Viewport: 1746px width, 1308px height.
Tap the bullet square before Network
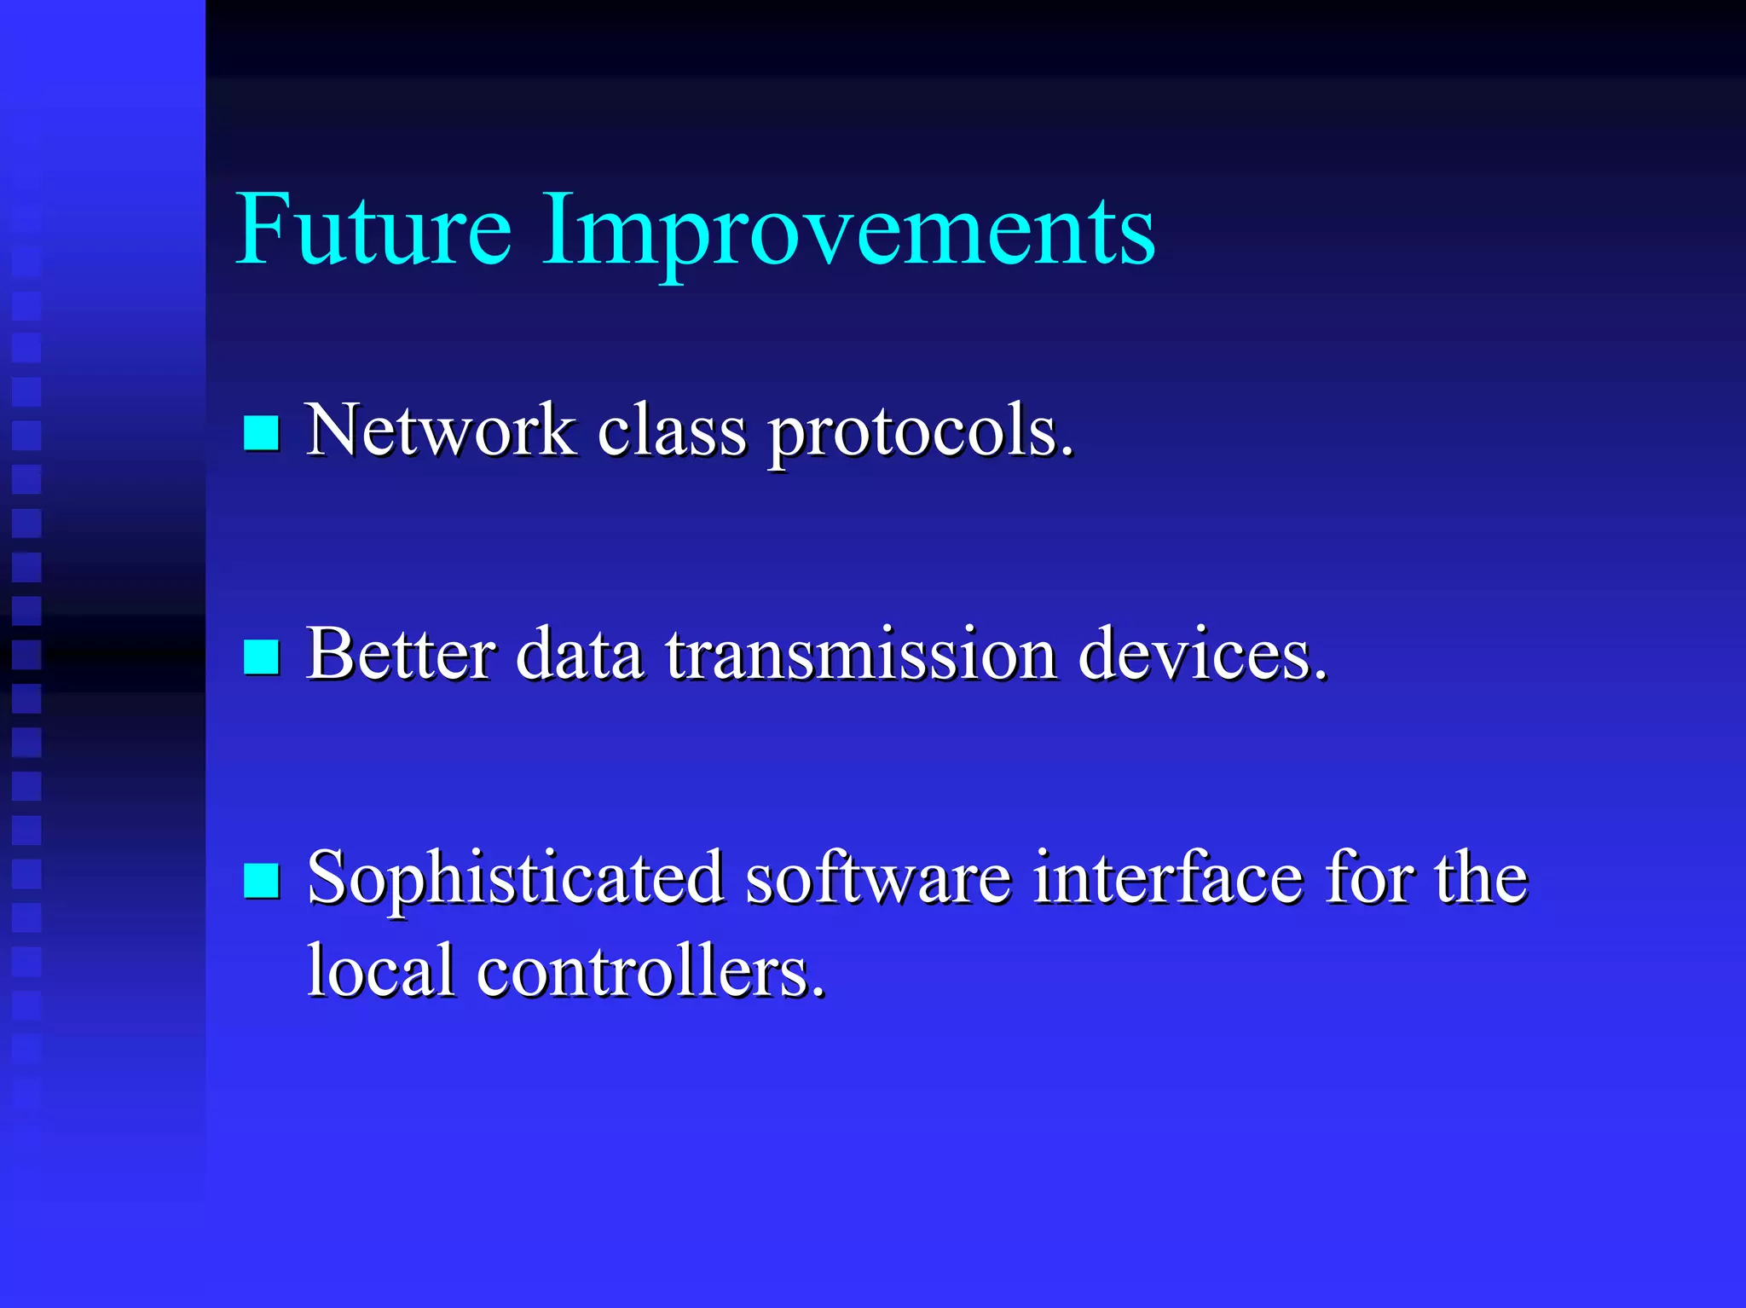(261, 433)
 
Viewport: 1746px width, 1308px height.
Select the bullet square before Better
(261, 657)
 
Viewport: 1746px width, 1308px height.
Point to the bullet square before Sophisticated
(261, 881)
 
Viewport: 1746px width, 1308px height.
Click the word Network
(440, 431)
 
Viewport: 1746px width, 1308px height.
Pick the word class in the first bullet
(671, 431)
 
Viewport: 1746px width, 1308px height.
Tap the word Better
(401, 654)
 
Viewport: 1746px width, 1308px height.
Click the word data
(579, 654)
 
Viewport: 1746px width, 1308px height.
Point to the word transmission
(861, 654)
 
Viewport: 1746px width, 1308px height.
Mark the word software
(878, 878)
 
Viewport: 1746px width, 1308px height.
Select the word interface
(1168, 878)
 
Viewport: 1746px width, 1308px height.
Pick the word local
(380, 970)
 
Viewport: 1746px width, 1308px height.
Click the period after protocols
(1067, 453)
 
